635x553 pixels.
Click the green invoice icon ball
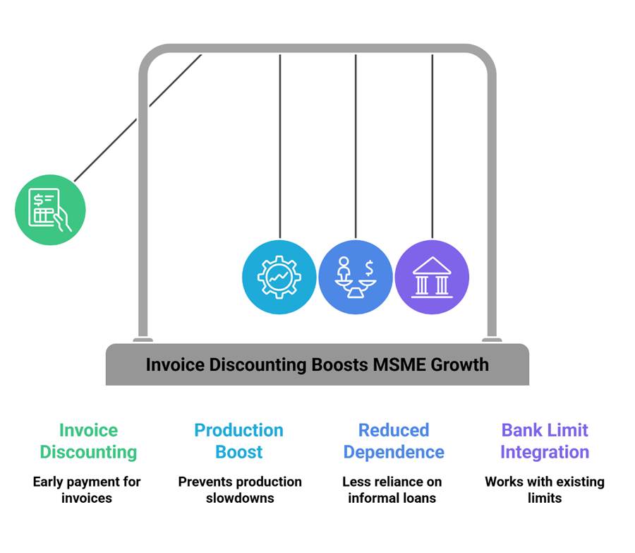[x=50, y=210]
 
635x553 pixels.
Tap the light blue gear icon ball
[x=279, y=276]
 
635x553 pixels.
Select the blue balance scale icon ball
[x=355, y=276]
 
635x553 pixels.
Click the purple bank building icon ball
[x=431, y=276]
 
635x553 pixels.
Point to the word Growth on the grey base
[x=459, y=365]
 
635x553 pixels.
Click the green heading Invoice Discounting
[x=88, y=441]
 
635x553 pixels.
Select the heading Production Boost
[x=239, y=441]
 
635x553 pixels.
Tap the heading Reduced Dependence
[x=393, y=441]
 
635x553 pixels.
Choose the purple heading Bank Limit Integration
[x=544, y=441]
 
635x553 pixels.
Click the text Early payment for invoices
[x=87, y=489]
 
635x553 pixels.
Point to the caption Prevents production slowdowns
[x=239, y=489]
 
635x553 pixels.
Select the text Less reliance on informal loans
[x=392, y=489]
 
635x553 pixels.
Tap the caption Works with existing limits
[x=544, y=489]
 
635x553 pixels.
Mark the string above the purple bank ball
[x=432, y=141]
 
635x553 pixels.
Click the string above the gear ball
[x=279, y=141]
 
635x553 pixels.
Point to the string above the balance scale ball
[x=356, y=141]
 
